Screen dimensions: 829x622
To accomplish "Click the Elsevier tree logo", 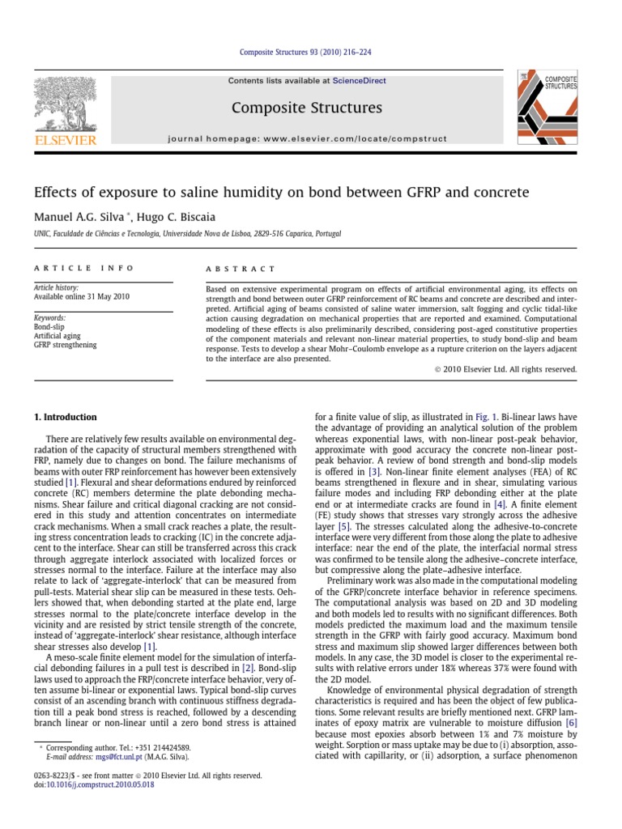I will pyautogui.click(x=64, y=106).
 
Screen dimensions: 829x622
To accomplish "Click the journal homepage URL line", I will pyautogui.click(x=307, y=138).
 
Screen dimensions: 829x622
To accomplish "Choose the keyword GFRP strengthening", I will pyautogui.click(x=65, y=345).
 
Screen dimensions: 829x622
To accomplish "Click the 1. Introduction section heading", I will pyautogui.click(x=65, y=417).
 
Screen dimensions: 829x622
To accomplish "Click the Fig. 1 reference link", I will pyautogui.click(x=485, y=417).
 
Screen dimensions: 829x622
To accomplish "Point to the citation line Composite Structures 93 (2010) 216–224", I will pyautogui.click(x=306, y=53).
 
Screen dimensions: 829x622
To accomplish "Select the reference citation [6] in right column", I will pyautogui.click(x=570, y=722).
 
